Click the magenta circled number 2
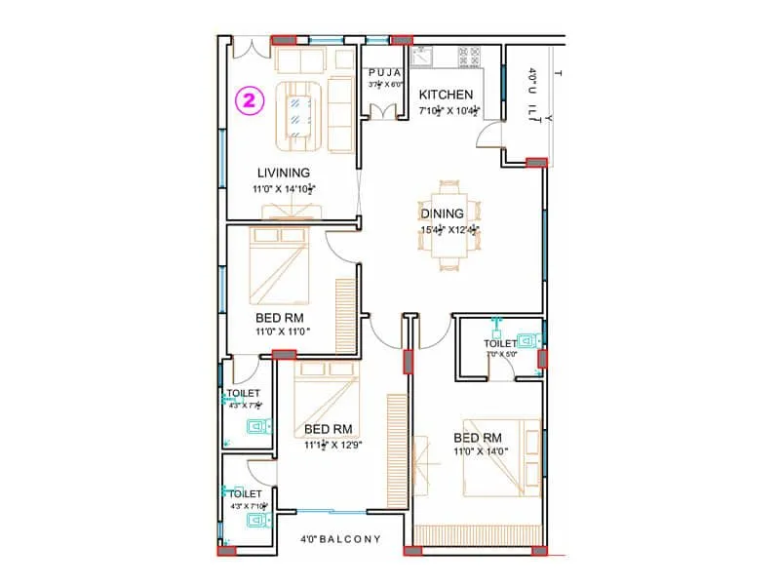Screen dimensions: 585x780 [251, 99]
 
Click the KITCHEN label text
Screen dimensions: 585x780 [446, 95]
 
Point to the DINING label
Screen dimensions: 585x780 [441, 214]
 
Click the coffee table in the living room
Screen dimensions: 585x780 [301, 108]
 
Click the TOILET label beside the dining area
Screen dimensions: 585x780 [500, 344]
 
